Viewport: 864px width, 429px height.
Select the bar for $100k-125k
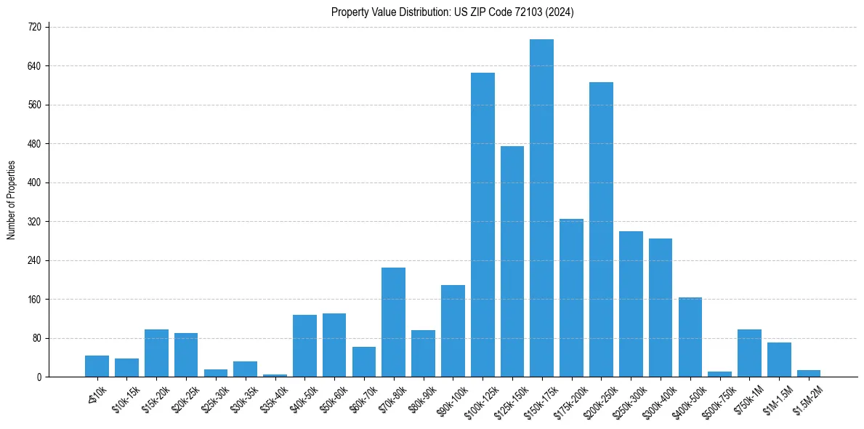(483, 225)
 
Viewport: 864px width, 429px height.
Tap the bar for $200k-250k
(601, 230)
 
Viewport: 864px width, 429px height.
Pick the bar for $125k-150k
(512, 262)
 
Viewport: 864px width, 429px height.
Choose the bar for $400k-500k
(690, 337)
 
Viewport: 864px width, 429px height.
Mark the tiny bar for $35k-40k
(275, 375)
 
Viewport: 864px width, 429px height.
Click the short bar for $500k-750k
(719, 374)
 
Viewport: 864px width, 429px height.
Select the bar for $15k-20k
(156, 353)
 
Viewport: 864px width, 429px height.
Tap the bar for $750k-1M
(749, 353)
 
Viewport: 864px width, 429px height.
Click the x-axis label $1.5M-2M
(804, 396)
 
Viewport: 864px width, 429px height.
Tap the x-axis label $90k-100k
(449, 398)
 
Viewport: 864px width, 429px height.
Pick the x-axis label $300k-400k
(657, 398)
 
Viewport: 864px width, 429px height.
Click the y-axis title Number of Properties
(11, 201)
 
